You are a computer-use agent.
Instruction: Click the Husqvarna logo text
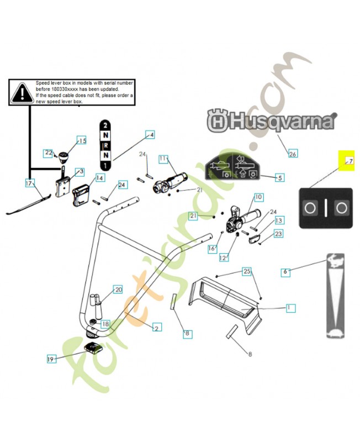(x=271, y=120)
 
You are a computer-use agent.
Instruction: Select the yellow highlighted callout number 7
(x=346, y=161)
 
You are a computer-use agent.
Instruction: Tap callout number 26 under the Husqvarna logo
(x=293, y=154)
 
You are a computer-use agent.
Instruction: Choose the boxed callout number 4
(x=150, y=134)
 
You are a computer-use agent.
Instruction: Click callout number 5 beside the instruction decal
(x=279, y=177)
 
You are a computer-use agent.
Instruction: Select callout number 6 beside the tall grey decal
(x=285, y=271)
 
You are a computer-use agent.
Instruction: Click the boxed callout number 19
(x=51, y=359)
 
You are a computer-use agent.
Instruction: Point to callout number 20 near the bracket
(x=118, y=289)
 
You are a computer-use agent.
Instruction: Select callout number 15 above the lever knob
(x=82, y=141)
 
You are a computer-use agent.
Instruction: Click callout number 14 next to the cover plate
(x=99, y=178)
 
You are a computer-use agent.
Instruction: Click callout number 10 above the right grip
(x=258, y=196)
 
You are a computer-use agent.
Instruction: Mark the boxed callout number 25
(x=247, y=271)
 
